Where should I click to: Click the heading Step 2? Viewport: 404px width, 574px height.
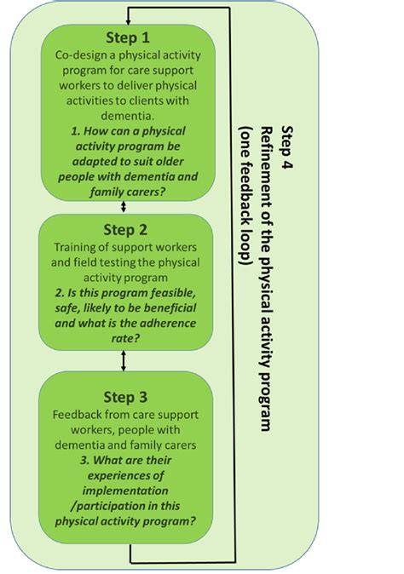(x=125, y=230)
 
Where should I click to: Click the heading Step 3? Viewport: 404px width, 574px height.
(x=125, y=398)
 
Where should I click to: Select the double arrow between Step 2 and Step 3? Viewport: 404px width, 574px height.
(x=125, y=361)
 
